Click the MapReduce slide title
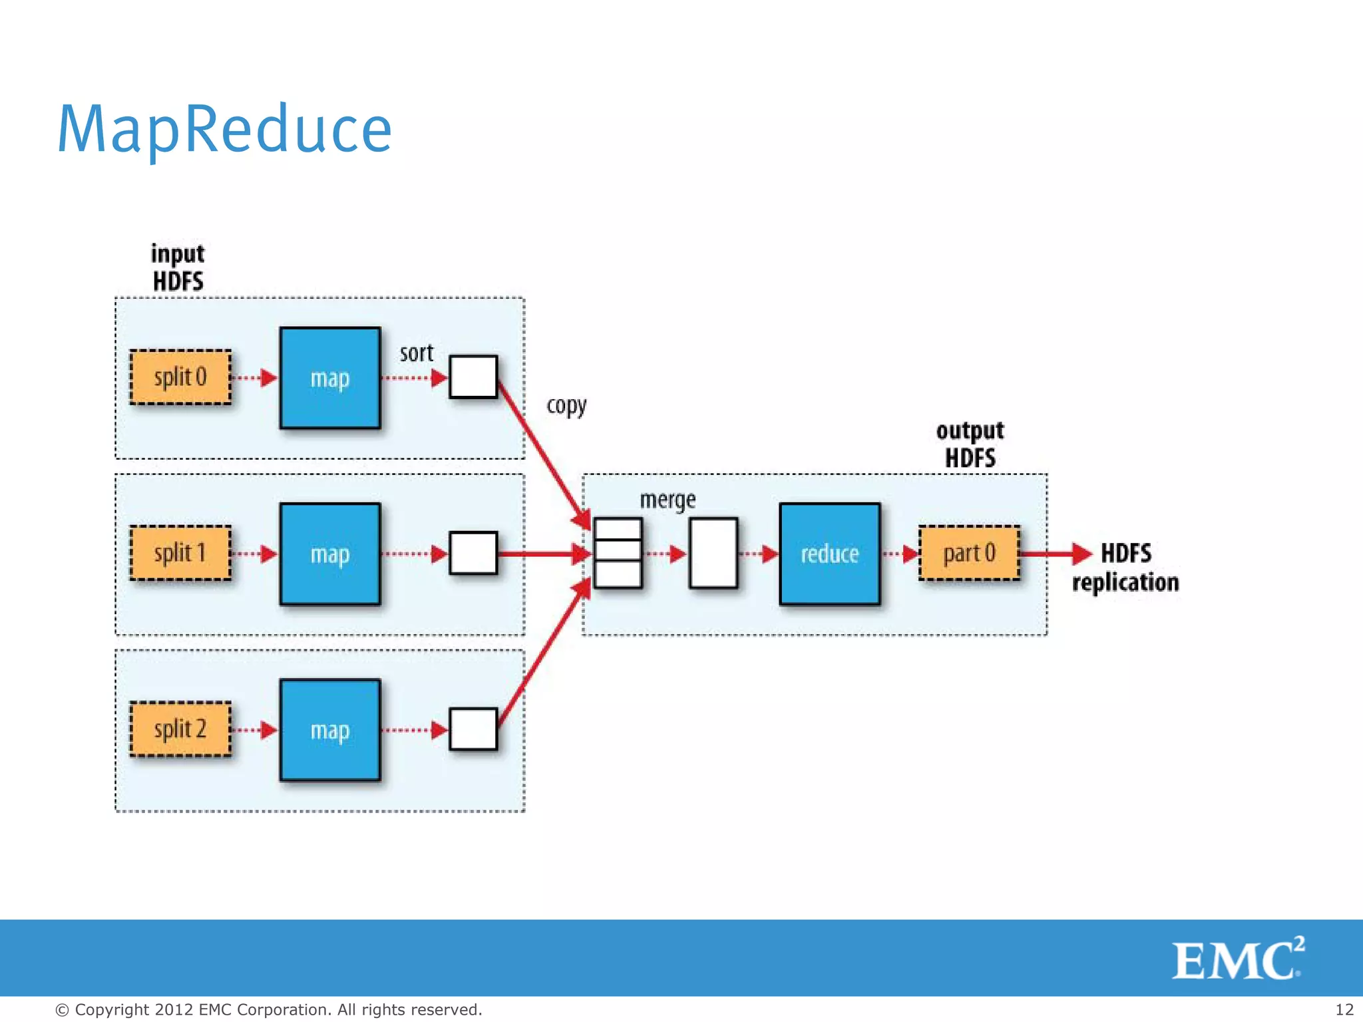[225, 130]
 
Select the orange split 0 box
[180, 377]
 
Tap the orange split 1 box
[180, 553]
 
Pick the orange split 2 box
[180, 729]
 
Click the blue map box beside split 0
[330, 378]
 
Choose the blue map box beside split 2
[330, 730]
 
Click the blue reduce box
[829, 554]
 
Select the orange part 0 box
[969, 553]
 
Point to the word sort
[416, 353]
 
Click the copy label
[566, 406]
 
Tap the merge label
[668, 500]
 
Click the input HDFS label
[178, 267]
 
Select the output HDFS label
[970, 444]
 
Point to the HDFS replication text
[1125, 568]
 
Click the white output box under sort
[473, 377]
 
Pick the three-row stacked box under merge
[618, 554]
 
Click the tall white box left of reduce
[713, 554]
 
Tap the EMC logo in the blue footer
[1238, 959]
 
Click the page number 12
[1344, 1009]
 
